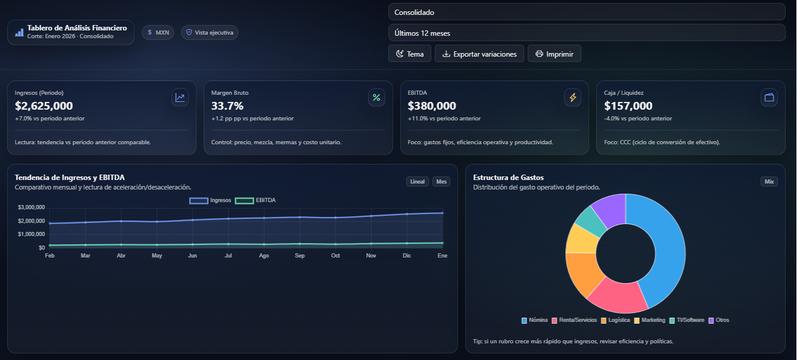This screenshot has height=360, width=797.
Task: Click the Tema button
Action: coord(409,54)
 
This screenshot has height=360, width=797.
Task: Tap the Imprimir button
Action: coord(554,54)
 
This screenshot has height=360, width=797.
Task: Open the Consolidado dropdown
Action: coord(586,12)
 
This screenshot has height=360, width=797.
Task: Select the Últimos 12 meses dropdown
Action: coord(586,33)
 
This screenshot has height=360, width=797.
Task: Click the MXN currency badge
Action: coord(158,32)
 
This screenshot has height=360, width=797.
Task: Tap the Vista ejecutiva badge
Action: coord(209,32)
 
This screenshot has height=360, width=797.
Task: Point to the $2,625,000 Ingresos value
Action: coord(43,106)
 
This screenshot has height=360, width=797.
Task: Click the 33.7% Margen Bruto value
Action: coord(228,106)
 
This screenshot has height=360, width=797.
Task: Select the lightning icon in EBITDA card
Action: coord(572,97)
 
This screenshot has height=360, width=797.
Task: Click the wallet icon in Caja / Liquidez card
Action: coord(769,97)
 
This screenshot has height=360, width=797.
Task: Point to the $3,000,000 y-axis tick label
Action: coord(32,207)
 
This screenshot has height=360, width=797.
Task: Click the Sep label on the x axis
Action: coord(300,256)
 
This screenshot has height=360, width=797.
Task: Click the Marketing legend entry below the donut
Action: coord(649,320)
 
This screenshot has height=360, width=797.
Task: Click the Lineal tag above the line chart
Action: coord(417,182)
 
